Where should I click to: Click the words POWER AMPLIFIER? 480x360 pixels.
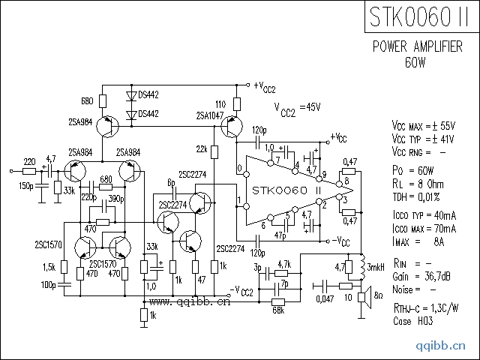tap(417, 47)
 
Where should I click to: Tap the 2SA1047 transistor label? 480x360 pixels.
tap(209, 115)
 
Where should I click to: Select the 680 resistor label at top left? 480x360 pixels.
tap(86, 100)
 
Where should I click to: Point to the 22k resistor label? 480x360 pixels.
tap(202, 148)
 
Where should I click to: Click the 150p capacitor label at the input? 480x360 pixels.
tap(25, 185)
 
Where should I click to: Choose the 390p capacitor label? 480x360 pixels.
tap(116, 199)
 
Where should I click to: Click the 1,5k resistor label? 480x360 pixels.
tap(50, 268)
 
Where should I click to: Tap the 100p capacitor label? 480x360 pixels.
tap(48, 286)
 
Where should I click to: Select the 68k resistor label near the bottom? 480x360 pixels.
tap(277, 309)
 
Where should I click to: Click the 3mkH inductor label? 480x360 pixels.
tap(376, 266)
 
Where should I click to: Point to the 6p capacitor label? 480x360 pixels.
tap(171, 183)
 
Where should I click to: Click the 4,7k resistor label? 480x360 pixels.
tap(283, 264)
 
